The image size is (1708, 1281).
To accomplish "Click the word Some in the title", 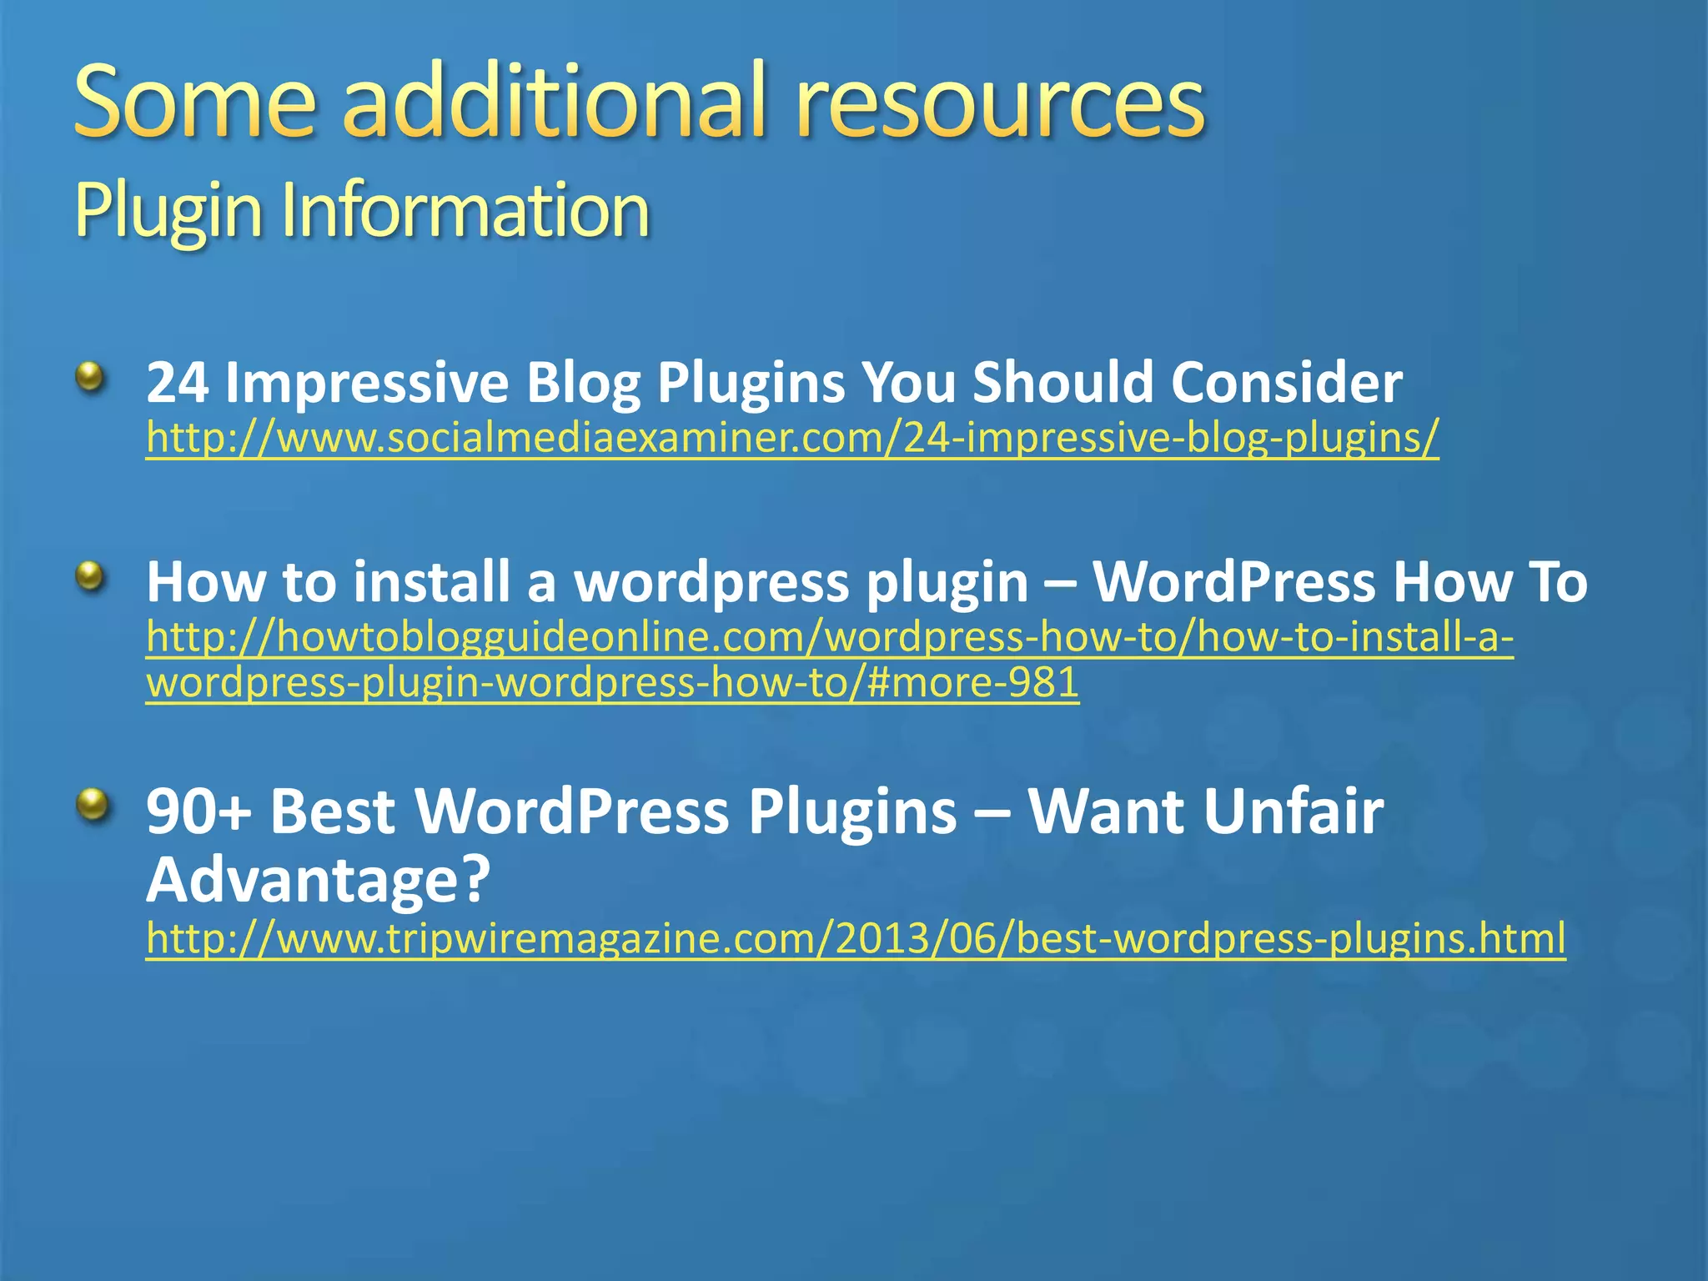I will click(x=195, y=103).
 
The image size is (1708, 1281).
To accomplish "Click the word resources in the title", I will click(x=999, y=103).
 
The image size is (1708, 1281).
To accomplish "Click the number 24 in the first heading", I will click(x=177, y=383).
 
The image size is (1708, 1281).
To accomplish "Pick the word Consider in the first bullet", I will click(x=1286, y=383).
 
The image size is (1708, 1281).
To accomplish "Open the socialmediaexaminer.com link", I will click(x=792, y=437).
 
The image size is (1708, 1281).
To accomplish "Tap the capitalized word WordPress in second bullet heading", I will click(x=1233, y=581).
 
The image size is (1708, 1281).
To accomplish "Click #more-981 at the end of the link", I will click(x=973, y=682).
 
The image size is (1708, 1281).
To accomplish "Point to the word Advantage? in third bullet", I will click(x=319, y=880).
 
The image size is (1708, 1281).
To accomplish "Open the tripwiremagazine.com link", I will click(x=856, y=938).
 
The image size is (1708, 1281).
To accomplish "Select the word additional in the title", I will click(x=554, y=103).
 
